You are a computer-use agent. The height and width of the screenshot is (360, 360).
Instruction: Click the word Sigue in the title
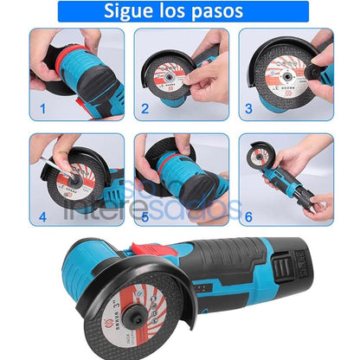pos(131,12)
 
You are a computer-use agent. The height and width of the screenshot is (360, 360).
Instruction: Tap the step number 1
pos(39,111)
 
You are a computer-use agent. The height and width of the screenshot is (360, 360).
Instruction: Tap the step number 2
pos(145,110)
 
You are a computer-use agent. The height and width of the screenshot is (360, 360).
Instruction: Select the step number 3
pos(248,110)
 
